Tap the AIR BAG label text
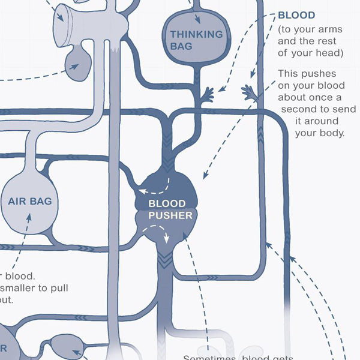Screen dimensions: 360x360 (x=30, y=202)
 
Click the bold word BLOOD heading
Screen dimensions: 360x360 (x=296, y=15)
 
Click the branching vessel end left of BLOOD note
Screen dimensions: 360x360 (x=208, y=94)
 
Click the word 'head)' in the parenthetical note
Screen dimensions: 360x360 (x=331, y=53)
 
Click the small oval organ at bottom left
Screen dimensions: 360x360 (x=64, y=345)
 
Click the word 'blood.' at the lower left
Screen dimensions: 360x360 (x=21, y=277)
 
